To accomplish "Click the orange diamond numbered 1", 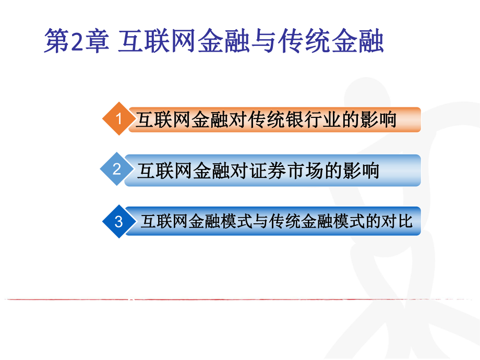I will coord(118,119).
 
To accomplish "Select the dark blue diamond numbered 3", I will coord(118,222).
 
